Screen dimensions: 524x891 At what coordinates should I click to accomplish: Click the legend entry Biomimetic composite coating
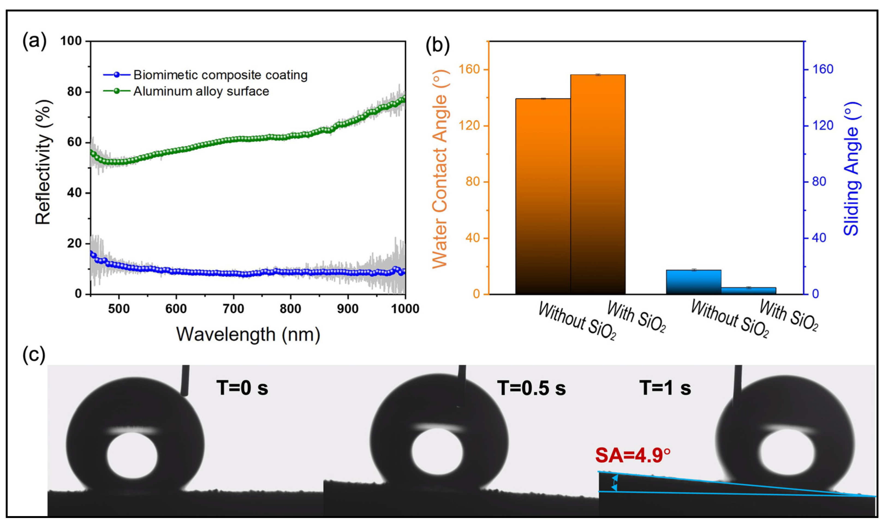pos(220,75)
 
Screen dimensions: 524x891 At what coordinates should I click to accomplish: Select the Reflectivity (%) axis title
pos(44,162)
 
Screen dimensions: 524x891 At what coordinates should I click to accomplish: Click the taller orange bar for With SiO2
pos(598,184)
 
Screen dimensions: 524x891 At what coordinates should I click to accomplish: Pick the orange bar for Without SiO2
pos(543,196)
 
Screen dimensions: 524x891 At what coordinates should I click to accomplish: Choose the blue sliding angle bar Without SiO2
pos(693,282)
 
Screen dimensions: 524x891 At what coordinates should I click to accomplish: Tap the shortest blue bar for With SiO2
pos(749,290)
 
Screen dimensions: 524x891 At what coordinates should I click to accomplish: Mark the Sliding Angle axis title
pos(851,169)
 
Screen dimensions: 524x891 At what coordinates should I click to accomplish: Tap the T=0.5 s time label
pos(531,388)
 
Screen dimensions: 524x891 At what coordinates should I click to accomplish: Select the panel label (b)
pos(437,46)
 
